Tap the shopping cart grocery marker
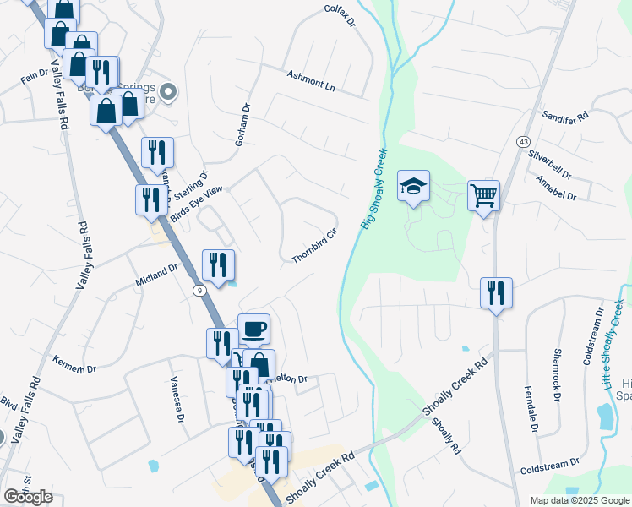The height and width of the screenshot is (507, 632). click(483, 196)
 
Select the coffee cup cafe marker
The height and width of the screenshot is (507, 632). click(253, 330)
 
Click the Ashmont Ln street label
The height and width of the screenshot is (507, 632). click(311, 81)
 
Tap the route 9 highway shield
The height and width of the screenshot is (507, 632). click(197, 290)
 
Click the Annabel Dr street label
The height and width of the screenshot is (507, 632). click(556, 188)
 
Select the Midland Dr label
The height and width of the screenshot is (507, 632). click(157, 273)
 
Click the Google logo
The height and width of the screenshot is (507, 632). click(28, 496)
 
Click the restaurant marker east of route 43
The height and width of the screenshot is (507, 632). click(495, 293)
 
